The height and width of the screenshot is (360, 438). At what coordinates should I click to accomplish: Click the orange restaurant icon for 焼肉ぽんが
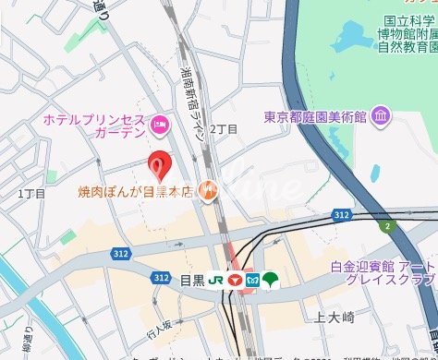pyautogui.click(x=209, y=192)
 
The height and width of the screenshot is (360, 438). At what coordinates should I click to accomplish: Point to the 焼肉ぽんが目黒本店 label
pyautogui.click(x=135, y=192)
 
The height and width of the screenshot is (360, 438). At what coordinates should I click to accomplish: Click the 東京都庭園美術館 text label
pyautogui.click(x=316, y=117)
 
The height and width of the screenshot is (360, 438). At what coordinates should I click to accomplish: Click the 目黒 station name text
pyautogui.click(x=190, y=278)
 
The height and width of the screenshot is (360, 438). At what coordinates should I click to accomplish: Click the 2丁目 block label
pyautogui.click(x=224, y=129)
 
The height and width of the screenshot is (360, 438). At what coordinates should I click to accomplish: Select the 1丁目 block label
pyautogui.click(x=30, y=194)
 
